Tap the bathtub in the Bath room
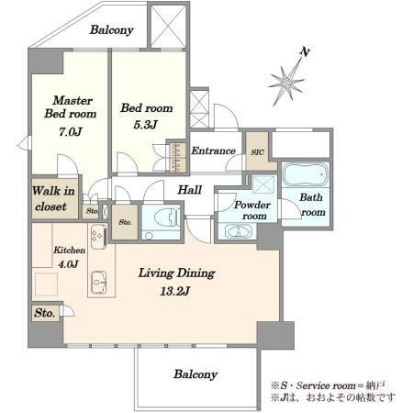pos(305,174)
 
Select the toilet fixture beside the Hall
pos(165,218)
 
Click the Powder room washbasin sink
pos(239,231)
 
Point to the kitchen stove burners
pos(98,237)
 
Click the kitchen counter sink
pos(98,282)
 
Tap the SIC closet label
pos(257,152)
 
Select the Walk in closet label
pos(54,198)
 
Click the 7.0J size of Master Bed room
pos(70,132)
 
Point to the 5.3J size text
pos(146,125)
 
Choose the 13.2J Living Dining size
pos(175,291)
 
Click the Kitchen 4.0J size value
pos(68,263)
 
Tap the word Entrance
pos(213,151)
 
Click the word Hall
pos(190,190)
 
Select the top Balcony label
pos(112,30)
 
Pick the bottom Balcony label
pos(195,374)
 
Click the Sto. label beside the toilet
pos(125,222)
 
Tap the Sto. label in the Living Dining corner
pos(45,313)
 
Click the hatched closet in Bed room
pos(178,157)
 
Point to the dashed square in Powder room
pos(263,184)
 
